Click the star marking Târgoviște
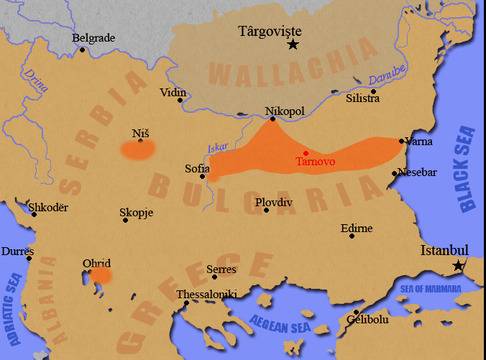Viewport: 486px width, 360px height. tap(293, 45)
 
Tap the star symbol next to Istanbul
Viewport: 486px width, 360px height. tap(459, 266)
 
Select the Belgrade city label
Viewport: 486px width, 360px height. tap(94, 38)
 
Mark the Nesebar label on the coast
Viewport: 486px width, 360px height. tap(417, 172)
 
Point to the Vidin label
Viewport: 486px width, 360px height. tap(174, 93)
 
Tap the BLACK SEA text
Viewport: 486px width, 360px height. tap(465, 169)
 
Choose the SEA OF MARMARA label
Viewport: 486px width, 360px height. tap(431, 288)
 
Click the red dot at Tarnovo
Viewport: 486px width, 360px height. tap(306, 152)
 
